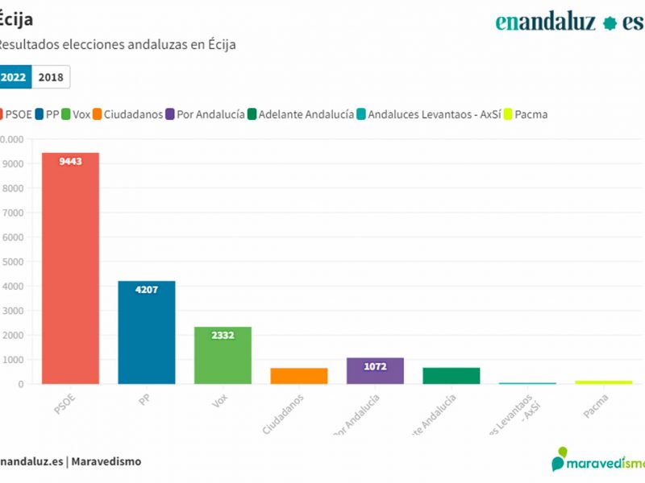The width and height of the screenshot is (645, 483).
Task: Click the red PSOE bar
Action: [70, 274]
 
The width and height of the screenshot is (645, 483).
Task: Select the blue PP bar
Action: [146, 338]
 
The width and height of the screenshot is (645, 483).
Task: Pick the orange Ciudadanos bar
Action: [298, 376]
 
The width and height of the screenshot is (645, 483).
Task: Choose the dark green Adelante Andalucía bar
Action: [451, 376]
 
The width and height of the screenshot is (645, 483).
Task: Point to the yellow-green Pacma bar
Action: [603, 382]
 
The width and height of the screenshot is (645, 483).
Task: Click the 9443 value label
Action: [70, 161]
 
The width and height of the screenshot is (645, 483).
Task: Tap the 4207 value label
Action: [146, 290]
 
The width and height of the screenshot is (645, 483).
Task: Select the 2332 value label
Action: [223, 335]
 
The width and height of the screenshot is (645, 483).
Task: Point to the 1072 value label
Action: [375, 366]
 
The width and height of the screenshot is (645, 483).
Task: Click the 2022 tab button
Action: [14, 77]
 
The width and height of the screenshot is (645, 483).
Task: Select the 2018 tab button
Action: [51, 77]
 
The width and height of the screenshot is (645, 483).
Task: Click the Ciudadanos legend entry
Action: [128, 114]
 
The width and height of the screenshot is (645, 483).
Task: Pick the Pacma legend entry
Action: [526, 114]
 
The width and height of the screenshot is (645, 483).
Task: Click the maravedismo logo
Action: [597, 460]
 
